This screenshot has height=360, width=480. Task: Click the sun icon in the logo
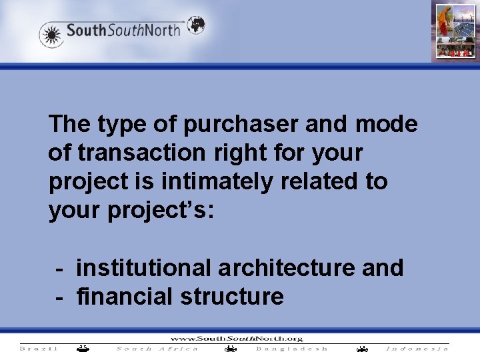click(x=51, y=34)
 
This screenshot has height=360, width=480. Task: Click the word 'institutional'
click(x=143, y=267)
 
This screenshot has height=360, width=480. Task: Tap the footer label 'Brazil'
click(x=39, y=349)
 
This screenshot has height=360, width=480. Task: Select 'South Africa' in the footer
click(x=157, y=349)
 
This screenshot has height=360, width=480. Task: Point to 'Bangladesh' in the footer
click(x=292, y=349)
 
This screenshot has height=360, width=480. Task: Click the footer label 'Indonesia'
click(x=417, y=349)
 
